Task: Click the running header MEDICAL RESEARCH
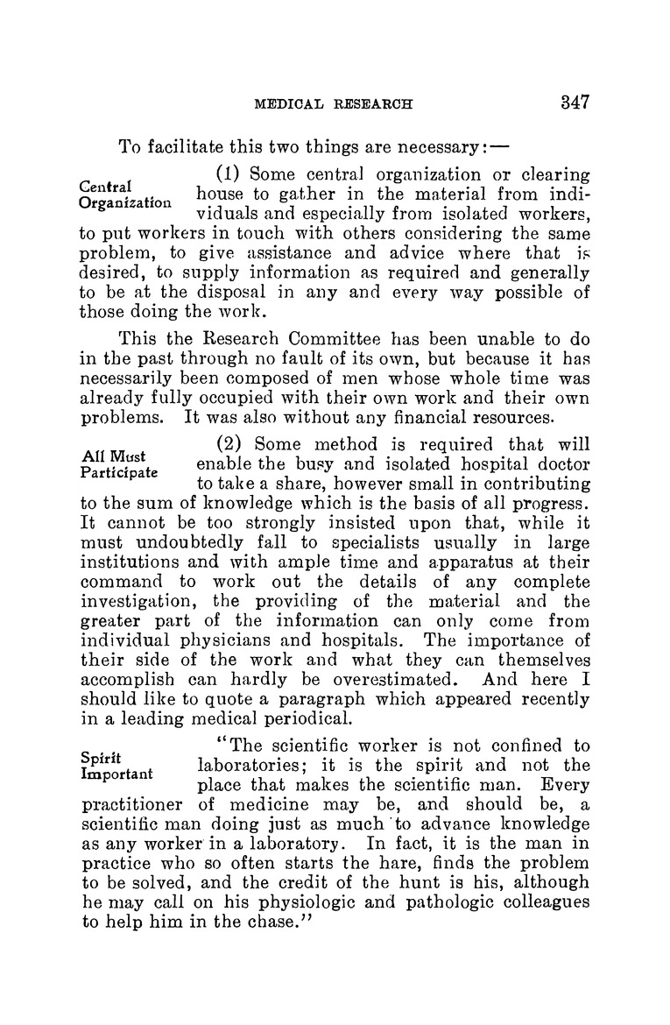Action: pos(334,103)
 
